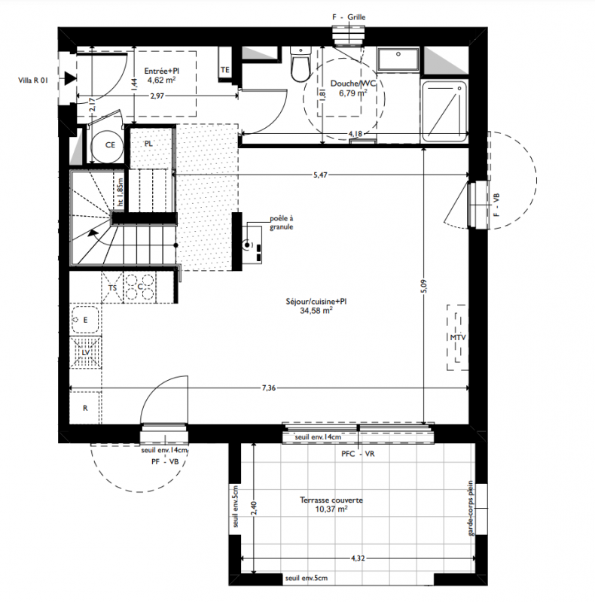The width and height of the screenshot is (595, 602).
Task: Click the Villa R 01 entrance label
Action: tap(33, 81)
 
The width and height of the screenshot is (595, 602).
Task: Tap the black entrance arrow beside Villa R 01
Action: tap(69, 79)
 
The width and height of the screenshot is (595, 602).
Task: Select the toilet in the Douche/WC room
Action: tap(300, 64)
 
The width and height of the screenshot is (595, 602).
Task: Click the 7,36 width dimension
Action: tap(269, 388)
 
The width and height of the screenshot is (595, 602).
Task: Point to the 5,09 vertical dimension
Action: tap(423, 286)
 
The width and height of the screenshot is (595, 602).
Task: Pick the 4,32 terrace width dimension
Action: tap(358, 558)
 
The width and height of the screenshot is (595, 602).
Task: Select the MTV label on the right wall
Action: tap(458, 337)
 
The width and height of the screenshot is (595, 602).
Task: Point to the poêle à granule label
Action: tap(282, 223)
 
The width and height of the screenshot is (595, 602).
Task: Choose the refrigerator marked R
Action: tap(85, 408)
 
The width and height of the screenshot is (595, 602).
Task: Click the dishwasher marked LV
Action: tap(85, 352)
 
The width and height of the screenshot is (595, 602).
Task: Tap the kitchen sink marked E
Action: tap(85, 320)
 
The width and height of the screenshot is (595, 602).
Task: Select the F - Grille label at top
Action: tap(349, 17)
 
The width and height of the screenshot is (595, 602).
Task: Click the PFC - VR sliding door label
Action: tap(358, 454)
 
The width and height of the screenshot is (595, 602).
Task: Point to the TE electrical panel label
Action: tap(225, 70)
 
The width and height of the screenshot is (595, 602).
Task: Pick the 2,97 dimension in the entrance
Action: tap(157, 96)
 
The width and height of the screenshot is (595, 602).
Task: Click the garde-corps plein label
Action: tap(471, 509)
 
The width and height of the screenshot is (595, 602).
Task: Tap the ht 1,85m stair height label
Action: tap(121, 192)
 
